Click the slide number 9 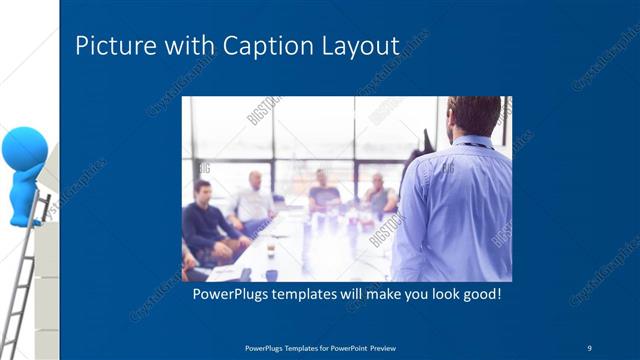[589, 347]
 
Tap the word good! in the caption [479, 297]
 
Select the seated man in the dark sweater [205, 220]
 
